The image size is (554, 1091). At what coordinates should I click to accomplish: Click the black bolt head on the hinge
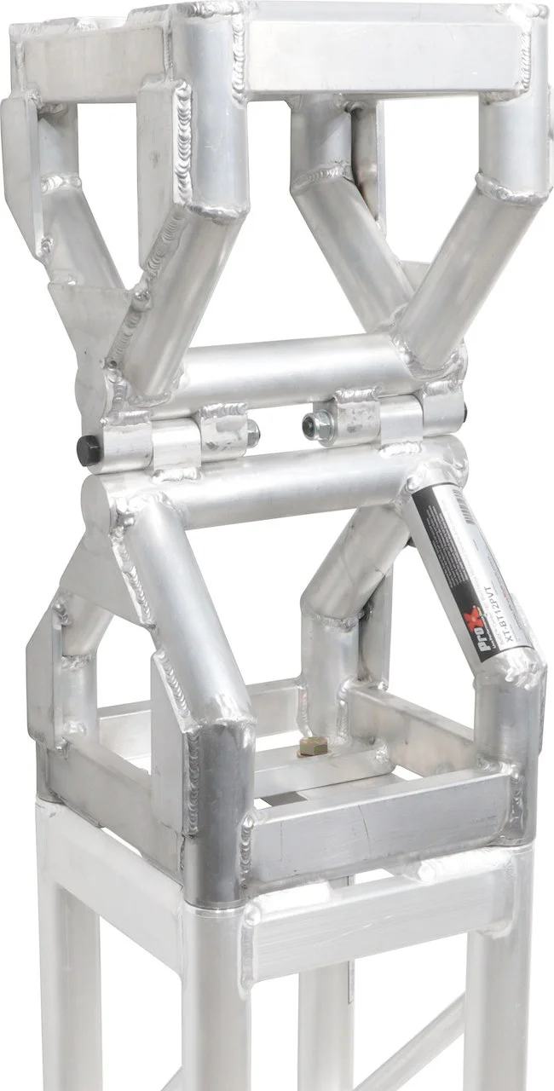pos(87,450)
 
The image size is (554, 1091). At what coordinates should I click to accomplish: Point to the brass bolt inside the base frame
pos(313,747)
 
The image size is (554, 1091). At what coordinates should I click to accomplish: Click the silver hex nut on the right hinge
pos(313,424)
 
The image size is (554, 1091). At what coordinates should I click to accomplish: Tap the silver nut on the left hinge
pos(252,433)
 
